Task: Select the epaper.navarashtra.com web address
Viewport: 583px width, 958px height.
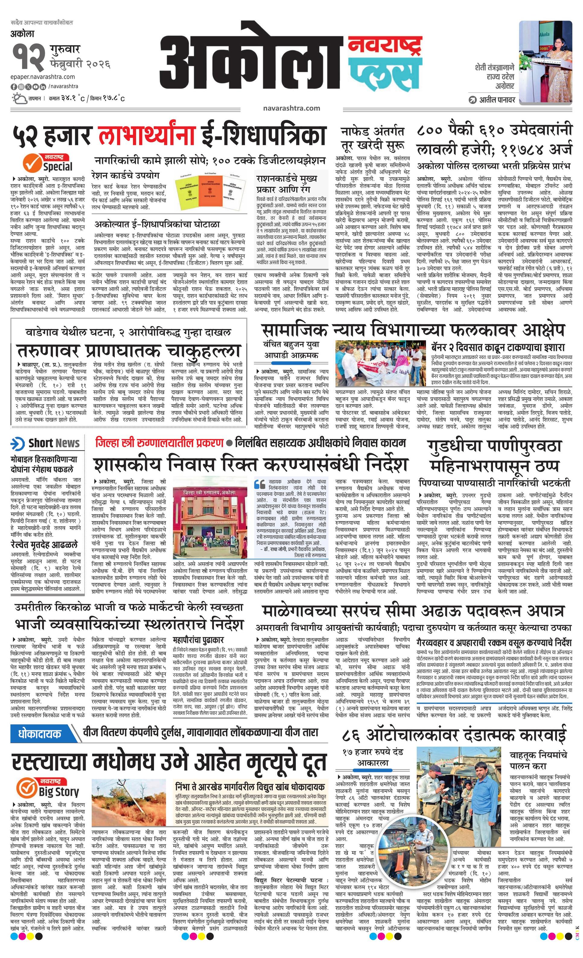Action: [43, 77]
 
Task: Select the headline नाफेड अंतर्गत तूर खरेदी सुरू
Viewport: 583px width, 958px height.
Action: [372, 138]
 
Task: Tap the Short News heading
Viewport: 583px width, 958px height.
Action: [46, 443]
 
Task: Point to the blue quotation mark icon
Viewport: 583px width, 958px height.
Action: [259, 485]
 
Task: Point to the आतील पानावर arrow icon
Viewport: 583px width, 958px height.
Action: [472, 100]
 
